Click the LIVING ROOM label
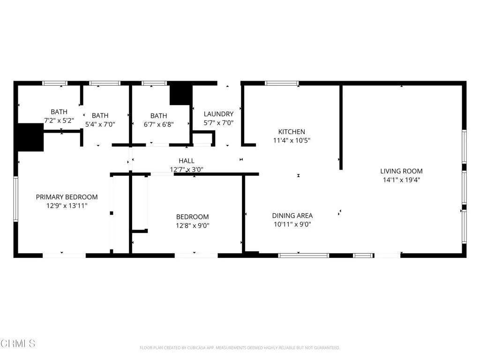pyautogui.click(x=401, y=171)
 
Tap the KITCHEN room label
pyautogui.click(x=292, y=132)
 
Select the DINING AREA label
pyautogui.click(x=292, y=216)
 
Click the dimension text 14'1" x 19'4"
pyautogui.click(x=401, y=180)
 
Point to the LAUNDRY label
pyautogui.click(x=218, y=114)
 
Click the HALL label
pyautogui.click(x=186, y=161)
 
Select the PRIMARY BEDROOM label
pyautogui.click(x=67, y=197)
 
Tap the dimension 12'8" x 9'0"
pyautogui.click(x=192, y=225)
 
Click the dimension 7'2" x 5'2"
pyautogui.click(x=59, y=120)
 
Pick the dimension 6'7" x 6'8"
pyautogui.click(x=158, y=124)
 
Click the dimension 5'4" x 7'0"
pyautogui.click(x=100, y=124)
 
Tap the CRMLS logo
pyautogui.click(x=18, y=344)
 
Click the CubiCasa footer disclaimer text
pyautogui.click(x=240, y=348)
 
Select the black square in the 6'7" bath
pyautogui.click(x=180, y=93)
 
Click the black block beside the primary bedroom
pyautogui.click(x=30, y=137)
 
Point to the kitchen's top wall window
pyautogui.click(x=282, y=83)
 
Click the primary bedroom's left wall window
pyautogui.click(x=15, y=199)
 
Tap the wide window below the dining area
pyautogui.click(x=304, y=255)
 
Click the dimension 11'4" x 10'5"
pyautogui.click(x=292, y=140)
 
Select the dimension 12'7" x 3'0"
pyautogui.click(x=186, y=169)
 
